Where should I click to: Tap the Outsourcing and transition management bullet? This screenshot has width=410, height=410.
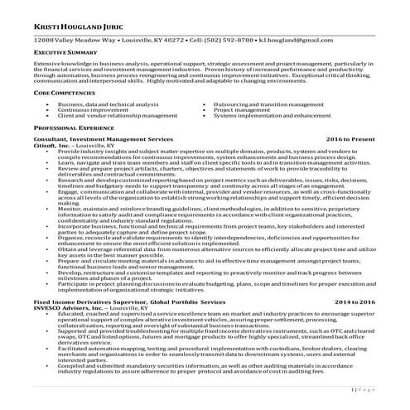268,105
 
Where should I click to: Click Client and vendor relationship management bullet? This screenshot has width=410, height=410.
113,115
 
